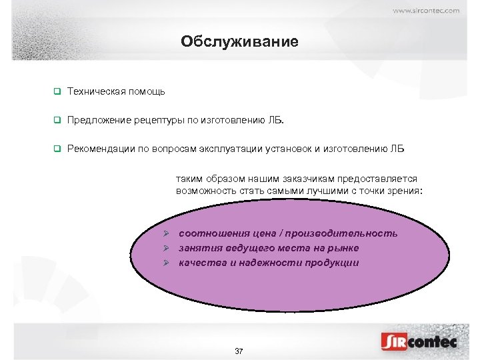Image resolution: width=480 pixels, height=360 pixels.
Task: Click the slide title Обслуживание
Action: click(239, 42)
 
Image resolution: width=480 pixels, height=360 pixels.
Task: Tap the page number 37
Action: click(239, 351)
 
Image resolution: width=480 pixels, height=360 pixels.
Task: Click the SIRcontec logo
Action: click(419, 342)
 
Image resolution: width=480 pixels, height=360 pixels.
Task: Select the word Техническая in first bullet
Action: click(94, 91)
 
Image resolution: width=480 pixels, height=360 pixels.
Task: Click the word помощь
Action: click(144, 91)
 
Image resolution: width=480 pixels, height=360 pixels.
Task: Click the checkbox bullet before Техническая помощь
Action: click(57, 91)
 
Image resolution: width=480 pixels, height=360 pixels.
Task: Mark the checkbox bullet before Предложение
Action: click(57, 121)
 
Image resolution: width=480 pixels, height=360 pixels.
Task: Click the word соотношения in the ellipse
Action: click(214, 233)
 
